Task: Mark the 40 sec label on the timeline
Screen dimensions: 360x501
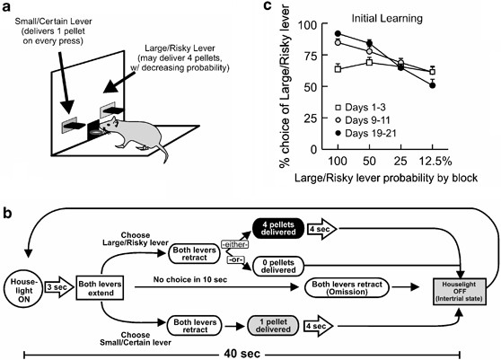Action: [242, 348]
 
